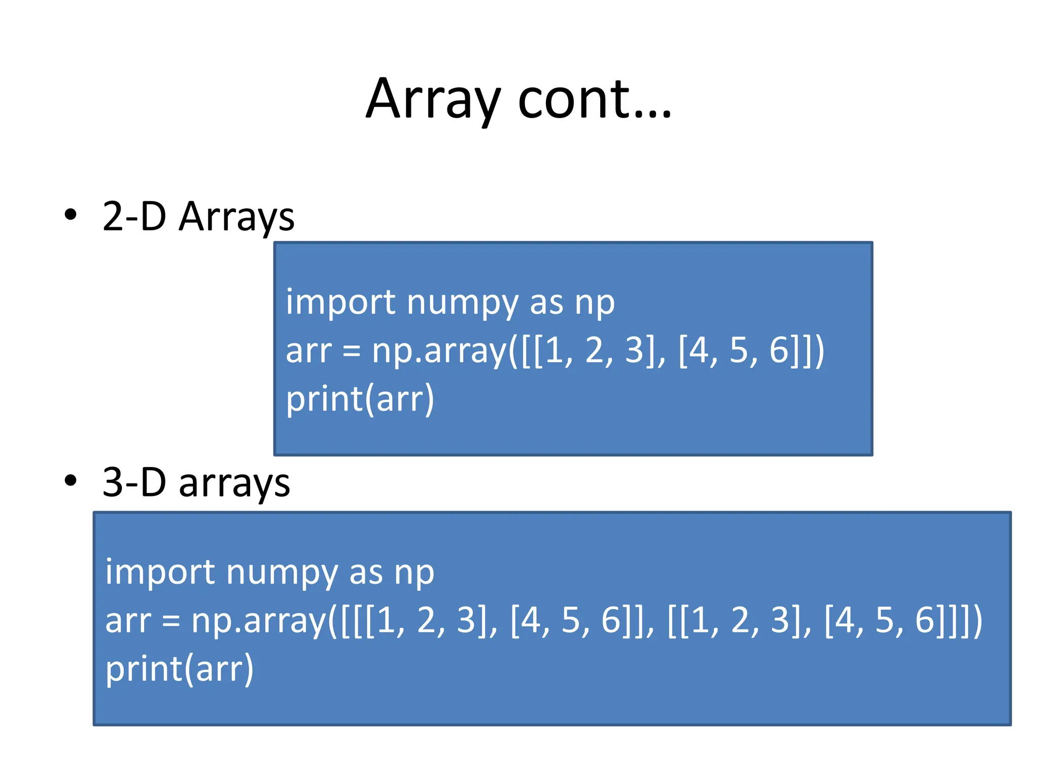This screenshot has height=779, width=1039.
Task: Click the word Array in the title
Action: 433,100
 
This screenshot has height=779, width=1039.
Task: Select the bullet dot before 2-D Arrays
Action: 71,215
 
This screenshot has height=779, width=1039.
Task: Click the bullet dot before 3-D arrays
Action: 71,480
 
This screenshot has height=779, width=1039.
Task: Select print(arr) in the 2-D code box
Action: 360,399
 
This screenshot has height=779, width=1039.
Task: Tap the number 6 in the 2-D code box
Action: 779,350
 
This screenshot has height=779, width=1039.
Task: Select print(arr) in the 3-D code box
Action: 179,669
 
